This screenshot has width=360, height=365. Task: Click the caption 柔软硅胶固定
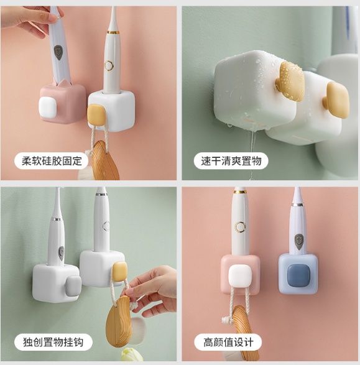tap(52, 161)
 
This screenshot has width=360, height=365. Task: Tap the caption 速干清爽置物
tap(231, 161)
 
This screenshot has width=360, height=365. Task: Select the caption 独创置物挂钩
tap(53, 342)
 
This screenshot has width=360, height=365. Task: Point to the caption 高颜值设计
tap(228, 342)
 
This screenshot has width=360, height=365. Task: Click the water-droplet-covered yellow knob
tap(291, 81)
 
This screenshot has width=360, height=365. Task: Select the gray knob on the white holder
tap(73, 287)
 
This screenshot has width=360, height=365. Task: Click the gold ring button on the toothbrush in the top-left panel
tap(108, 65)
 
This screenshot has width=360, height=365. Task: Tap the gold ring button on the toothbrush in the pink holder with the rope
tap(240, 227)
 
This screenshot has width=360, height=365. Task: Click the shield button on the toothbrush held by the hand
tap(58, 53)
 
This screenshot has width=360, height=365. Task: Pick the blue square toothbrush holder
tap(298, 274)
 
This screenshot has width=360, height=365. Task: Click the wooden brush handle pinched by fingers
tap(118, 321)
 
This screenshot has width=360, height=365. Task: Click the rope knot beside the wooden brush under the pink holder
tap(227, 320)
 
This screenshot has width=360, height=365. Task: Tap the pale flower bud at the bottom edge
tap(131, 356)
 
